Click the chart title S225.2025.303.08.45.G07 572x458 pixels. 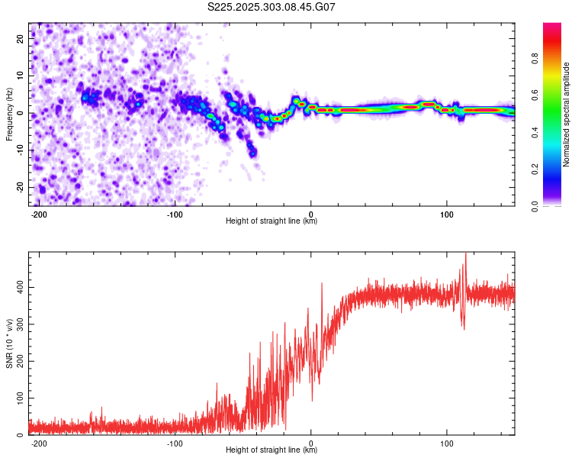[272, 7]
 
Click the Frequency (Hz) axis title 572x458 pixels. [9, 114]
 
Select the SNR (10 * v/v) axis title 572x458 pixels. [9, 343]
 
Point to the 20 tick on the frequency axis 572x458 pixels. [21, 40]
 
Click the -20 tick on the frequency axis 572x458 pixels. [20, 187]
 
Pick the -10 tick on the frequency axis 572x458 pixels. [20, 150]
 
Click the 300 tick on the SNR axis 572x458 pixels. [18, 324]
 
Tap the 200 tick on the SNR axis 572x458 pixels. [18, 361]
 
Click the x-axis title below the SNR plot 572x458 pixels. [272, 450]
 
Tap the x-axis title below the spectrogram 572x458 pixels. [272, 221]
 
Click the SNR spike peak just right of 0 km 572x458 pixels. [322, 282]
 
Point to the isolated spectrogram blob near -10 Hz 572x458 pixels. [252, 153]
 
